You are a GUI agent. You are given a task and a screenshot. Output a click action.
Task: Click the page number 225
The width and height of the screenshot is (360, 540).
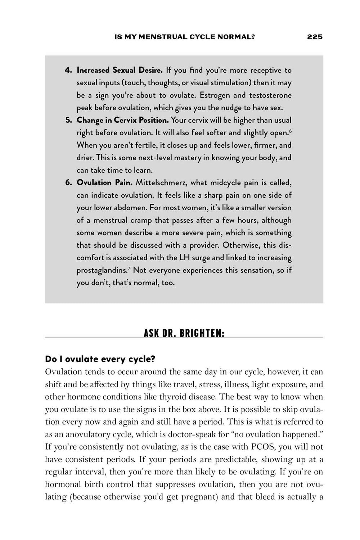pyautogui.click(x=315, y=37)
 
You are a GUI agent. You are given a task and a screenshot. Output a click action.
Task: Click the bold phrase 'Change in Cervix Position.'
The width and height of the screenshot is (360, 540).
pyautogui.click(x=122, y=120)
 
